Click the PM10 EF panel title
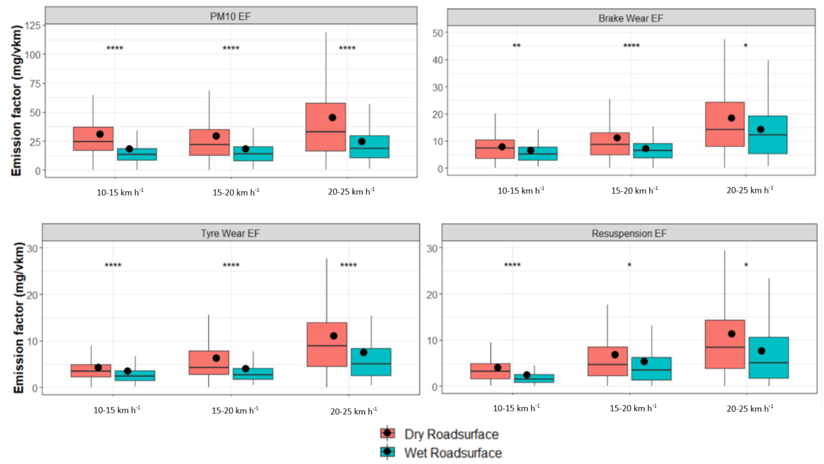(x=230, y=16)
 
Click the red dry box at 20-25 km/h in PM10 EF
(x=326, y=127)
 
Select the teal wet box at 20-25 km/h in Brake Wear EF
(x=768, y=135)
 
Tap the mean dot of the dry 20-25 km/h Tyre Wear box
(x=334, y=336)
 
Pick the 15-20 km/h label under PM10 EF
(x=236, y=192)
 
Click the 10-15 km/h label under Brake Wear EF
(x=521, y=191)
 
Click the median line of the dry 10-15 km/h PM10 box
(x=93, y=141)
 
